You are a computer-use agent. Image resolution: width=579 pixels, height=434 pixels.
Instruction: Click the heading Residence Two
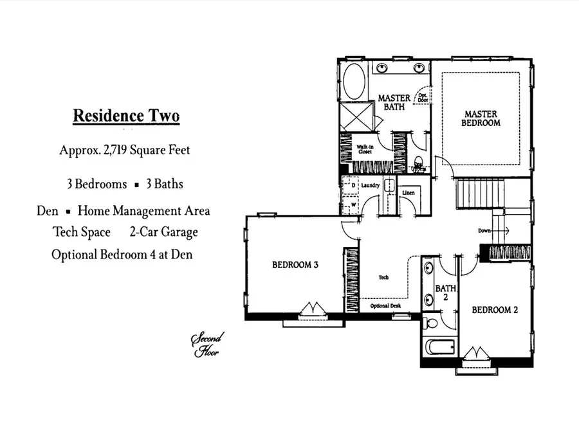tap(125, 116)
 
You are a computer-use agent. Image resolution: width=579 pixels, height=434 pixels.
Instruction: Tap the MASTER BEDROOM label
tap(481, 118)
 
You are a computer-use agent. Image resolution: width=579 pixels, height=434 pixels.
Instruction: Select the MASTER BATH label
tap(394, 102)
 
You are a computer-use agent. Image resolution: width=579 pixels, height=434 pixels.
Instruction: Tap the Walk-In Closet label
tap(365, 150)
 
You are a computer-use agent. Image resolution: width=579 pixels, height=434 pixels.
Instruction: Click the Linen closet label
tap(408, 193)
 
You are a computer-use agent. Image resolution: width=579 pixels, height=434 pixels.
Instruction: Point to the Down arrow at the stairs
tap(493, 230)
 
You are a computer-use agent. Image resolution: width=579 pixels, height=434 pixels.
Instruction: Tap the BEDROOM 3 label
tap(295, 264)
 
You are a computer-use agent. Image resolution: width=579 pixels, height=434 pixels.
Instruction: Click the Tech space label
tap(383, 277)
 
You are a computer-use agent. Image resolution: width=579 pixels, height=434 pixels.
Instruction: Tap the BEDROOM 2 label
tap(495, 310)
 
